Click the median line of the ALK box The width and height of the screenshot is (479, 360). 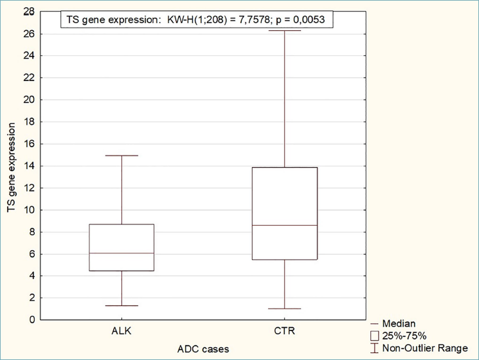click(x=122, y=253)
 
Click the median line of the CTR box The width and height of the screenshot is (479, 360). click(x=285, y=226)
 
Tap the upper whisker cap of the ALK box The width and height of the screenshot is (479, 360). click(x=122, y=156)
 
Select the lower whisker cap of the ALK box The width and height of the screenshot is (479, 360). click(x=122, y=305)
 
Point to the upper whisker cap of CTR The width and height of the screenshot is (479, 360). click(x=285, y=30)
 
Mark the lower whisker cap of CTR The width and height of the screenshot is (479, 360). click(x=285, y=309)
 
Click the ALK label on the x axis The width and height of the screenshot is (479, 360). click(x=122, y=331)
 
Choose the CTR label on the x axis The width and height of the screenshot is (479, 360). click(x=284, y=331)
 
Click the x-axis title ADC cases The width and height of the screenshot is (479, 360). click(x=203, y=349)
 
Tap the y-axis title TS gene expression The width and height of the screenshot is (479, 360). click(x=12, y=167)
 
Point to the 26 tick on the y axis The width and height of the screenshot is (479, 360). click(x=30, y=33)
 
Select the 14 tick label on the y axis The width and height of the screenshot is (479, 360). click(x=30, y=166)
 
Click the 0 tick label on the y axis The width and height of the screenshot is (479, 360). click(x=32, y=320)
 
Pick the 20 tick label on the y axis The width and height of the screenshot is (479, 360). click(x=30, y=100)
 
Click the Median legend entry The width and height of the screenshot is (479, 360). click(x=393, y=323)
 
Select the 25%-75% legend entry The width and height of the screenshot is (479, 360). click(x=399, y=336)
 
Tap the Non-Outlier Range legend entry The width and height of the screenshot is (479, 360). click(x=419, y=348)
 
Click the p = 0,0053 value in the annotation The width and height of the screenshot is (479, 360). click(x=300, y=19)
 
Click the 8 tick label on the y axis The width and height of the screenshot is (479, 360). click(x=32, y=232)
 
